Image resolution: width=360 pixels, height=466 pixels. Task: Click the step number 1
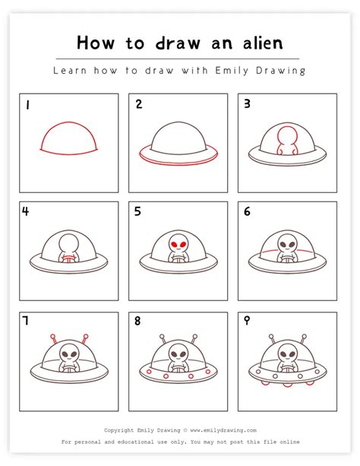tap(26, 105)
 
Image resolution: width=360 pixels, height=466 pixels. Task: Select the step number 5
tap(138, 212)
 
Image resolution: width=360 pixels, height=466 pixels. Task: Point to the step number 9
tap(248, 321)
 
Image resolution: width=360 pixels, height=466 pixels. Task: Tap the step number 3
tap(248, 105)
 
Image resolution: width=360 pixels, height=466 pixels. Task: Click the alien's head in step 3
tap(288, 135)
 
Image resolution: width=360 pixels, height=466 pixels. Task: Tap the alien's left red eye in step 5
tap(174, 244)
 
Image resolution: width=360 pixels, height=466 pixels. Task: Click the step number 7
tap(26, 321)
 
